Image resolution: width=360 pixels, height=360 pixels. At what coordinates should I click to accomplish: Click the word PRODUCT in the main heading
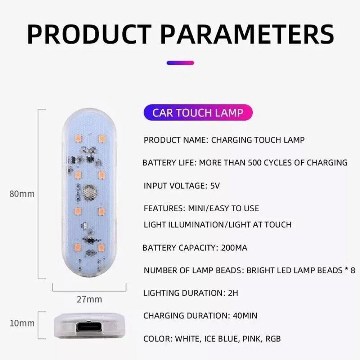[x=89, y=35]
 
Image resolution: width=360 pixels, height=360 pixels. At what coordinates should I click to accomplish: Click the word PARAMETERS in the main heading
[x=247, y=35]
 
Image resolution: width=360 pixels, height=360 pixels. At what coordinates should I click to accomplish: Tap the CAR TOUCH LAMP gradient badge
[x=198, y=112]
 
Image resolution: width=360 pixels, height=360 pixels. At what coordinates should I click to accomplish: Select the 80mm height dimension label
[x=22, y=194]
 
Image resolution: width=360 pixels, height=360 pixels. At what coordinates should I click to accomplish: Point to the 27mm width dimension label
[x=89, y=300]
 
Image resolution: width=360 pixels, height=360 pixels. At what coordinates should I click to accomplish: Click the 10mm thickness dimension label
[x=22, y=323]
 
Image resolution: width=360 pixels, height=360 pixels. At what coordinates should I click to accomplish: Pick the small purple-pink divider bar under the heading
[x=180, y=63]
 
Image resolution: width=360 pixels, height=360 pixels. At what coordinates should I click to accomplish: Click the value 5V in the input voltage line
[x=215, y=185]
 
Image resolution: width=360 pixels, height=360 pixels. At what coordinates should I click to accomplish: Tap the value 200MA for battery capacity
[x=234, y=248]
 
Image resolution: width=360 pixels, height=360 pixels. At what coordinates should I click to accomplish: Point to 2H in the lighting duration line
[x=233, y=293]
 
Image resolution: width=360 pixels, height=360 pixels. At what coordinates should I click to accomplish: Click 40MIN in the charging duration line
[x=245, y=316]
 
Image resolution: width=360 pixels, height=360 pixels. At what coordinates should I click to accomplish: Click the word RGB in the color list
[x=273, y=339]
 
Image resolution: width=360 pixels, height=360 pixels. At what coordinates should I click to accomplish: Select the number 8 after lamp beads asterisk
[x=353, y=270]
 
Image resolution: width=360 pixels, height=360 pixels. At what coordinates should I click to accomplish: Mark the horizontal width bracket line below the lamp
[x=89, y=291]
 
